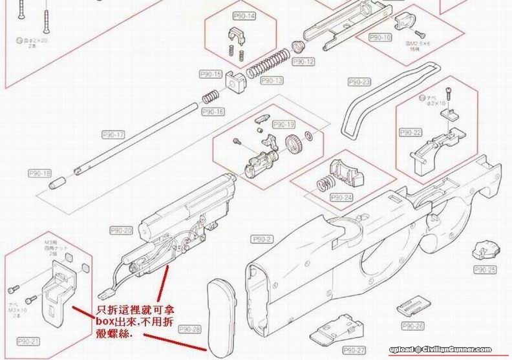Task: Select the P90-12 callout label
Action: (x=303, y=62)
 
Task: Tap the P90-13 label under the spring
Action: (x=272, y=80)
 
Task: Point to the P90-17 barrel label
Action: (x=113, y=135)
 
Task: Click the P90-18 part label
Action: (x=39, y=173)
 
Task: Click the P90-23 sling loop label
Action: (x=359, y=83)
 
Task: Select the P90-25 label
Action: (x=485, y=269)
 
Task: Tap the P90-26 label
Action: (x=413, y=325)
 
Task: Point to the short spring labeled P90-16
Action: (x=209, y=98)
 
